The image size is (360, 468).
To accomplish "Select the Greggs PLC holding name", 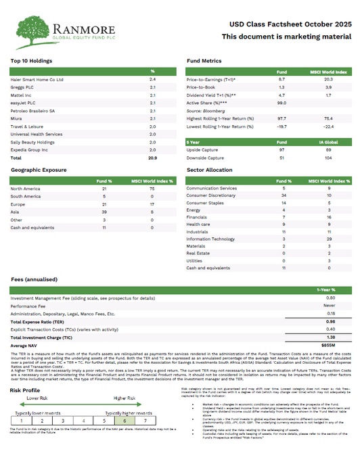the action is click(x=24, y=87).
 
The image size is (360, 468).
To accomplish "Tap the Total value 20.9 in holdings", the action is click(x=152, y=158).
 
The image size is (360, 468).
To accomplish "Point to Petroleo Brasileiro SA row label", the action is click(x=32, y=110).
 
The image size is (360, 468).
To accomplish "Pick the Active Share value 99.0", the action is click(x=282, y=102).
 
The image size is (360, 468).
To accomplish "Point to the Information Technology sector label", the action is click(x=211, y=239).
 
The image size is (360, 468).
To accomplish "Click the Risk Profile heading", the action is click(x=24, y=390).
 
